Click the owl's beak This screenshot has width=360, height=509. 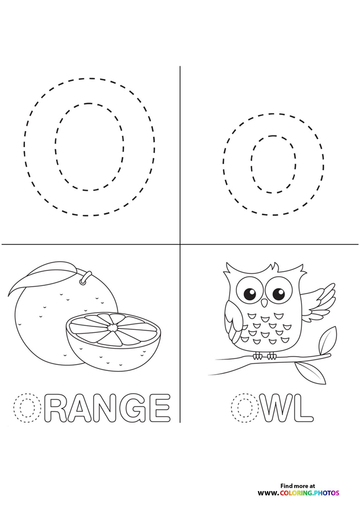(264, 303)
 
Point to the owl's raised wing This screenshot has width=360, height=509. (318, 303)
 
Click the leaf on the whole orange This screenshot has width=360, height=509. (44, 277)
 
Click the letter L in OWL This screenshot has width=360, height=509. (304, 407)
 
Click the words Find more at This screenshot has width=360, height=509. (298, 486)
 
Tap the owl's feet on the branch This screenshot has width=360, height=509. (264, 356)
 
